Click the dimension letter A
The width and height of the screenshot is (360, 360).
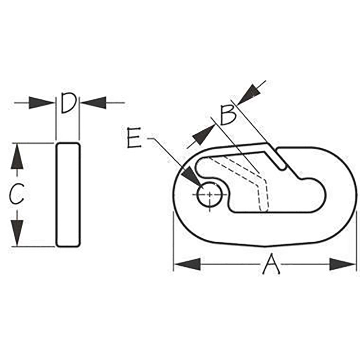(x=271, y=264)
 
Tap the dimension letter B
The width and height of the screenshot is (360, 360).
(x=228, y=115)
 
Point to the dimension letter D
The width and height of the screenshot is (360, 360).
(x=68, y=103)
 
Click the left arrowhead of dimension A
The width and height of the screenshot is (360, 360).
(x=187, y=264)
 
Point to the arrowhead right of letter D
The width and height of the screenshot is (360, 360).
(x=93, y=103)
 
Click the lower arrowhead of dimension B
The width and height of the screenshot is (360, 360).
(x=203, y=135)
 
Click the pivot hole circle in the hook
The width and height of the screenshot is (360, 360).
(x=210, y=194)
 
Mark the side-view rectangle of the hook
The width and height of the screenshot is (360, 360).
(x=68, y=195)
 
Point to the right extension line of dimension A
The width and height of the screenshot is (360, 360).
(x=356, y=241)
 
